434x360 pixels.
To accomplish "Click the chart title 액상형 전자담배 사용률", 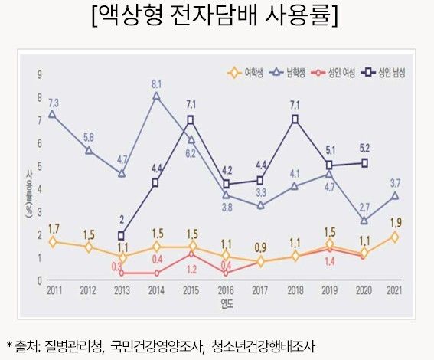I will coord(216,16).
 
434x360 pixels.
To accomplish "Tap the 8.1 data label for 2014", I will coord(156,83).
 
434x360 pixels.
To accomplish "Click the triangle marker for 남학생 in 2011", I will coord(51,114).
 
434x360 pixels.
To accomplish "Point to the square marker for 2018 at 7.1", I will coord(295,119).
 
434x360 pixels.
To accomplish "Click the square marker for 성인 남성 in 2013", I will coord(121,236).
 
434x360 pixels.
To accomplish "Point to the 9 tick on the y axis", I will coord(39,74).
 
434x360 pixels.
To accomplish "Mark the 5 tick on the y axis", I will coord(39,166).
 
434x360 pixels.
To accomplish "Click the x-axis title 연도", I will coord(226,304).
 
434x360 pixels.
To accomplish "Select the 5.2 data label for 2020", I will coord(364,148).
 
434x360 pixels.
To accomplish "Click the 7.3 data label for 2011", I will coord(54,101).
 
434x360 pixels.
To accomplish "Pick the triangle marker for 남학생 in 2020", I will coord(364,221).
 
